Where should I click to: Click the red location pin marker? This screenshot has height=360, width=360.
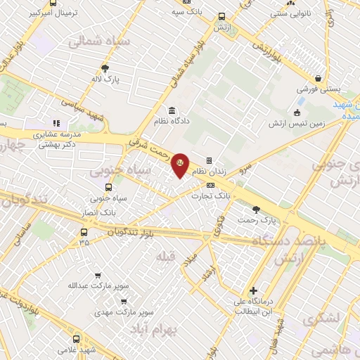click(181, 165)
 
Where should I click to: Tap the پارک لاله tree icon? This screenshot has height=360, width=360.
click(105, 68)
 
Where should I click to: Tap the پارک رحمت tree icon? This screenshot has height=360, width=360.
click(256, 209)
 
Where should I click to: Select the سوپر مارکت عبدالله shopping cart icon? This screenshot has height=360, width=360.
click(98, 275)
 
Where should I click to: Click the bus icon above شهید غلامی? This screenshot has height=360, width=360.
click(77, 338)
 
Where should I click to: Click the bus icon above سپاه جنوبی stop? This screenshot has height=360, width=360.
click(108, 188)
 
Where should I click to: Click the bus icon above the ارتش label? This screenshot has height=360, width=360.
click(222, 17)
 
